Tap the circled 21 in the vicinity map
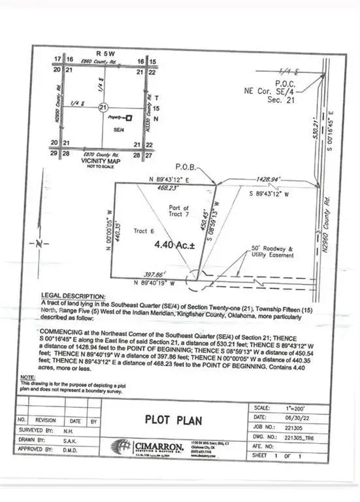tap(103, 107)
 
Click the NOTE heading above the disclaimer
tap(47, 377)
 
